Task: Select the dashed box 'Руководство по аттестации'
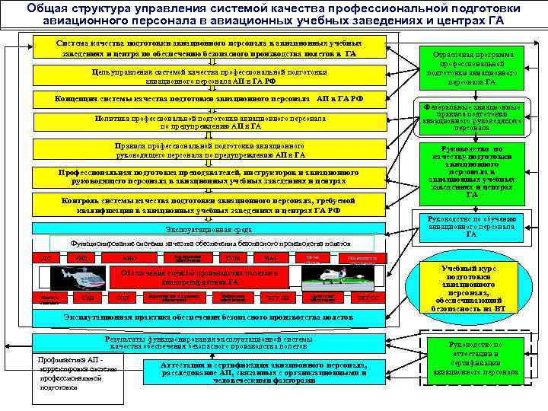coord(471,358)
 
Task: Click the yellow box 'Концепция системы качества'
coord(209,99)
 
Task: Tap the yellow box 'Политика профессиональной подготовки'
coord(209,123)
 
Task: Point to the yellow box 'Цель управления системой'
coord(209,76)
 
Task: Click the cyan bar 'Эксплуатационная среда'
coord(209,229)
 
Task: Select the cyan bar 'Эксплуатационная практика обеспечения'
coord(209,316)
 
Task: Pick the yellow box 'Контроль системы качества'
coord(209,205)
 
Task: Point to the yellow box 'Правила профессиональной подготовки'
coord(209,150)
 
